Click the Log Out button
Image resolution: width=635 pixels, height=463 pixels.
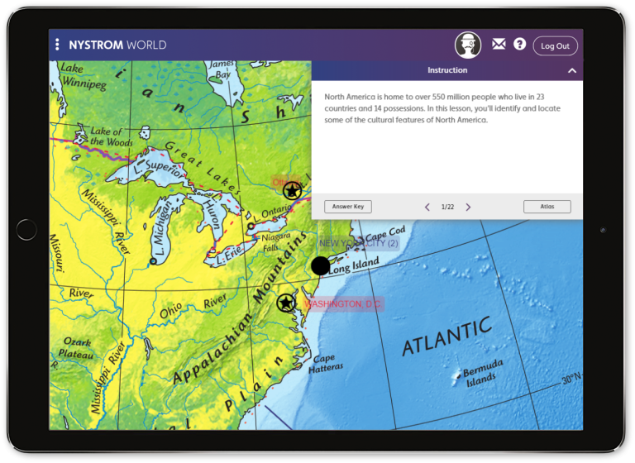555,46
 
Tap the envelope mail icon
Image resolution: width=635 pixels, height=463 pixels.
499,45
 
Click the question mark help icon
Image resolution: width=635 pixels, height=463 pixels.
519,45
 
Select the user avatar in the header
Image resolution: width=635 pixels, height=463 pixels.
468,45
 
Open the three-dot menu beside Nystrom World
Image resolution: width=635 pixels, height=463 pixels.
57,45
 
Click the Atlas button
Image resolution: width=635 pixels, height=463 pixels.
547,207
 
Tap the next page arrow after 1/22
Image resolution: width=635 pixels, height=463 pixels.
468,207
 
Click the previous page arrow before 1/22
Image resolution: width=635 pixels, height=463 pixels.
427,207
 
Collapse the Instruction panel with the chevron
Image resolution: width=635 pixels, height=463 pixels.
571,71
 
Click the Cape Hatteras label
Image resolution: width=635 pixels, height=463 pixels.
325,364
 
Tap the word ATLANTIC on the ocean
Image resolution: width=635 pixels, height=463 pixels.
446,335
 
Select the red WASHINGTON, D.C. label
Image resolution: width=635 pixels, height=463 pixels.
342,304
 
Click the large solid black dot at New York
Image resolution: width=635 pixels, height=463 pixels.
321,265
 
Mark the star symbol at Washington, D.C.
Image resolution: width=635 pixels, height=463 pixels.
286,303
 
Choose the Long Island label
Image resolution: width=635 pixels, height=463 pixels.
354,265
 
